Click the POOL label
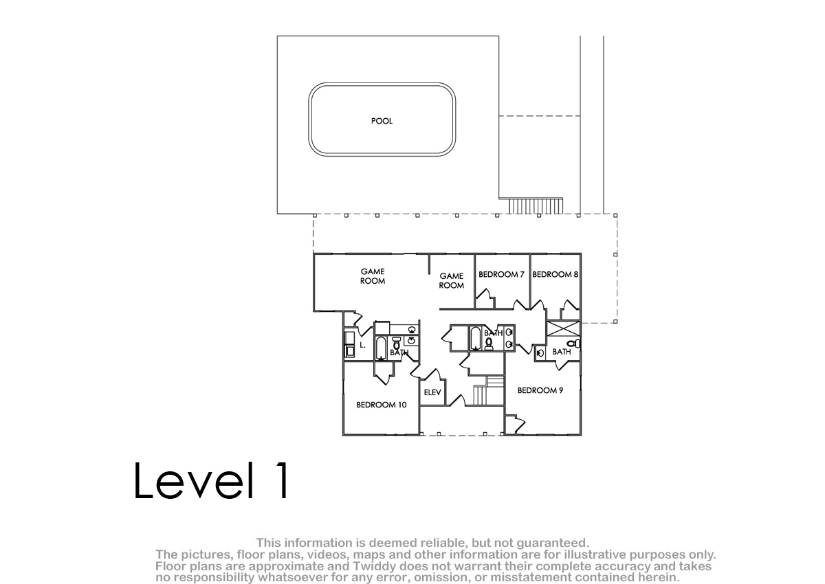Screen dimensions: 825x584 tap(382, 121)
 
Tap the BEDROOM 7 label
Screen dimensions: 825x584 tap(501, 274)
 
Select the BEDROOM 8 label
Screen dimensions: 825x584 tap(555, 274)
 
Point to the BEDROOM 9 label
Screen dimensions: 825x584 tap(540, 390)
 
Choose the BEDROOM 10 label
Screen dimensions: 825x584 tap(381, 405)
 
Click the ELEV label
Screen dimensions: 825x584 tap(432, 392)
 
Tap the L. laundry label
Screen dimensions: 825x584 tap(362, 345)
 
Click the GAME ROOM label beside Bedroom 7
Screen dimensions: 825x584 tap(452, 280)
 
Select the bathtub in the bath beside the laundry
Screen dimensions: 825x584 tap(381, 348)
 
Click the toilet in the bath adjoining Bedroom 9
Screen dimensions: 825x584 tap(573, 344)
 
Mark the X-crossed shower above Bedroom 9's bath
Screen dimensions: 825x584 tap(564, 328)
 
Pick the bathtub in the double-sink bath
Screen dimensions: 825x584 tap(475, 338)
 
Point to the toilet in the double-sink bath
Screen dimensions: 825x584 tap(489, 344)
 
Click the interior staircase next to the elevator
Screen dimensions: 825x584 tap(488, 390)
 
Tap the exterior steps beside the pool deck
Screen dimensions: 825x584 tap(536, 206)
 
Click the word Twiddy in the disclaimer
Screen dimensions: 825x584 tap(375, 566)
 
